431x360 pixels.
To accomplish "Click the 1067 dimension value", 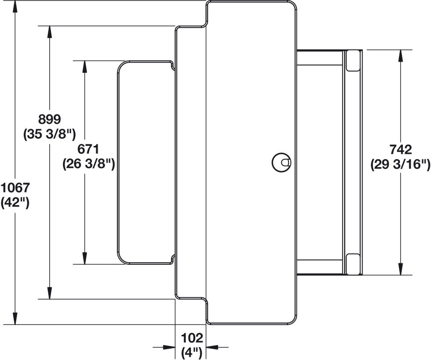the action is [15, 188].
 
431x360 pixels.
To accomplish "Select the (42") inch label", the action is [15, 203].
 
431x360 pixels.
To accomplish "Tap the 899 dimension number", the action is [49, 119].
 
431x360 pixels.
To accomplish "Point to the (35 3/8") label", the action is [49, 135].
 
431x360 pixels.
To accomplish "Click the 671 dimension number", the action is [88, 149].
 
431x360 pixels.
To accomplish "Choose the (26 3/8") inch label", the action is [88, 164].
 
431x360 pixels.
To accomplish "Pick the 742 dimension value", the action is [401, 149].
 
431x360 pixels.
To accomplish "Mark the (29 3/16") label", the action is [400, 165].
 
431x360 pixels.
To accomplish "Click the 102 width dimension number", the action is [192, 338].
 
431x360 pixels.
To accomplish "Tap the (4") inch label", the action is [192, 353].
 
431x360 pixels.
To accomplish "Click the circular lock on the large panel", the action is [281, 162].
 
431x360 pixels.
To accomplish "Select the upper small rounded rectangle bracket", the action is [353, 61].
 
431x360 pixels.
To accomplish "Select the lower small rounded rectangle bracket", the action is [353, 264].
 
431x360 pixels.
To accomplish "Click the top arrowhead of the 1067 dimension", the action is [15, 6].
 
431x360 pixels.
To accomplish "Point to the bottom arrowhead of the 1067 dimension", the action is [15, 319].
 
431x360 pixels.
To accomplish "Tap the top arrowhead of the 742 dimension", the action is [400, 56].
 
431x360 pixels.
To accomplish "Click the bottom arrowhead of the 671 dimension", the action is [85, 258].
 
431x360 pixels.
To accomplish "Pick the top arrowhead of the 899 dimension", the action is [49, 32].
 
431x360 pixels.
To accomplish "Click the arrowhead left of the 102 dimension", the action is [169, 347].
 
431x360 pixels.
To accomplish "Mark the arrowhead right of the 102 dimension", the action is [212, 347].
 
